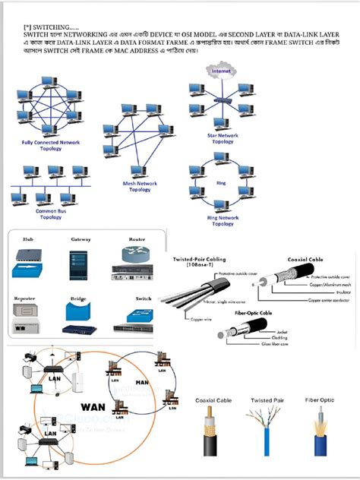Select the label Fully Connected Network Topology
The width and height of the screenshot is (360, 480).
(x=51, y=146)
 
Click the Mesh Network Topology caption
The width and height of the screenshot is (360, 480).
(x=140, y=186)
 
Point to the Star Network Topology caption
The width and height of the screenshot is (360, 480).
(x=223, y=138)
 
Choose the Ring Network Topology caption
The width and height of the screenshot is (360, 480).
(x=223, y=221)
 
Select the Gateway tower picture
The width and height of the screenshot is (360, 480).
(x=81, y=261)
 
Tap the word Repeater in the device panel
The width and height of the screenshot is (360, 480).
(x=24, y=299)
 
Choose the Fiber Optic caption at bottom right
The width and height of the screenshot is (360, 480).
(x=321, y=399)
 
